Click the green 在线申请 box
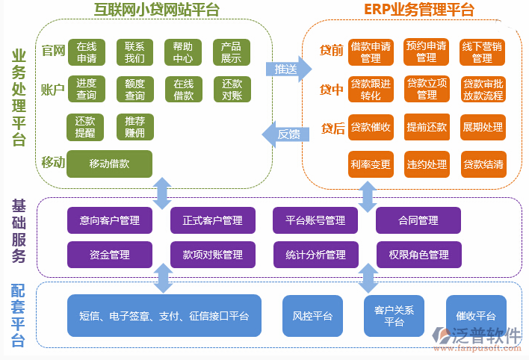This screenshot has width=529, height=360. point(86,52)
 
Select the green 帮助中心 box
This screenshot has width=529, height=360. point(182,52)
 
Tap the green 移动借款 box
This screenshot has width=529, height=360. point(109,164)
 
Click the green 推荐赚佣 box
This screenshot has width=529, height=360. point(134,126)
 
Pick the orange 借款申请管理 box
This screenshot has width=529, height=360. point(370,52)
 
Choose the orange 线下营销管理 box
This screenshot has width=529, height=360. point(482,52)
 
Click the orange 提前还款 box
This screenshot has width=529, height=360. point(426,127)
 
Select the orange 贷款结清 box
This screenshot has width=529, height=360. point(483,164)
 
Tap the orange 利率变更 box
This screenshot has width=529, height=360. point(370,164)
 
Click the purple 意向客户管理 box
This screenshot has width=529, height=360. point(109,220)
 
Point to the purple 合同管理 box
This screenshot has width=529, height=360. point(418,220)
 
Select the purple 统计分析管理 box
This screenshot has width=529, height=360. point(315,255)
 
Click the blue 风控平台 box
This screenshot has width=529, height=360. point(312,316)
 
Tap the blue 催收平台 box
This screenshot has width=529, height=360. point(475,316)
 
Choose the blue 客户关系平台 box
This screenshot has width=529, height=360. point(394,316)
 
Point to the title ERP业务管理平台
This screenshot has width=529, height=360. point(418,9)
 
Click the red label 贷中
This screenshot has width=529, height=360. point(332,90)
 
